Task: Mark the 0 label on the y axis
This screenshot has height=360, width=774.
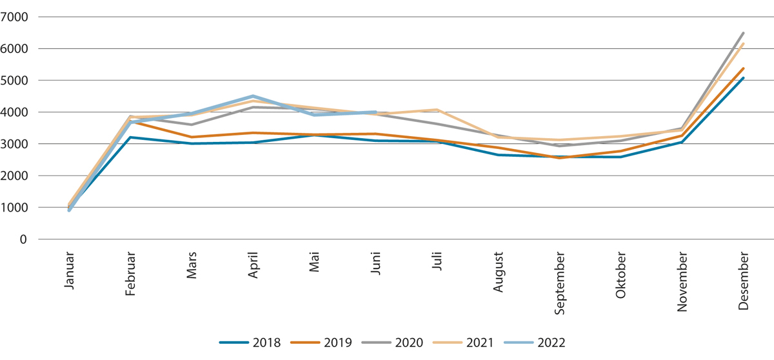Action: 24,239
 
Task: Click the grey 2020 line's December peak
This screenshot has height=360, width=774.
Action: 744,33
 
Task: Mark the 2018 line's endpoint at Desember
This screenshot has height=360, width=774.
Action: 744,78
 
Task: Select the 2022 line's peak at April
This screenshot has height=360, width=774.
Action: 253,96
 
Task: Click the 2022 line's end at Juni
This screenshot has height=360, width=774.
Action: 376,112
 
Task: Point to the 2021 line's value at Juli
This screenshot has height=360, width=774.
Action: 437,110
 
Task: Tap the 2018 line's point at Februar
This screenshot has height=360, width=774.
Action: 131,137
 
